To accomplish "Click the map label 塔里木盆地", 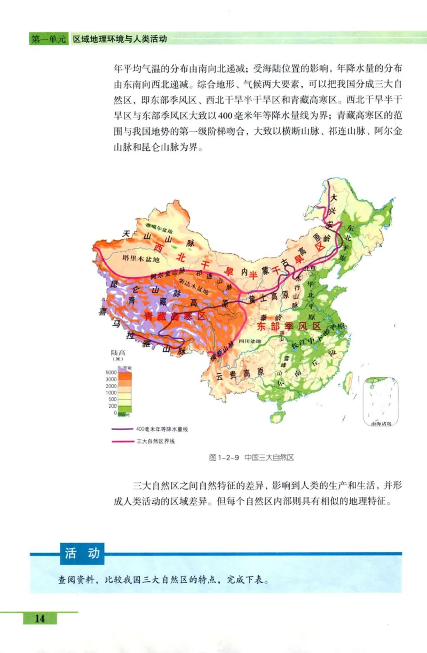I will click(141, 260).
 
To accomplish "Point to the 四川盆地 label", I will click(249, 341).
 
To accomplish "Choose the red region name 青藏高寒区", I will click(175, 316).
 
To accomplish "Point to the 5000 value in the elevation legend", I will click(112, 372).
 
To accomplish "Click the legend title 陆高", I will click(117, 353).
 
